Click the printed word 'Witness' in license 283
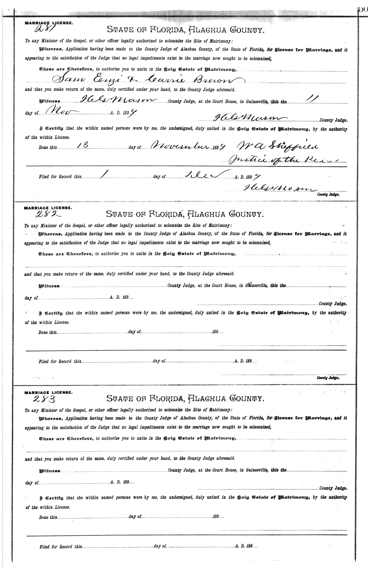tap(49, 470)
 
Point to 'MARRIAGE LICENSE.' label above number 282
tap(48, 208)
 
